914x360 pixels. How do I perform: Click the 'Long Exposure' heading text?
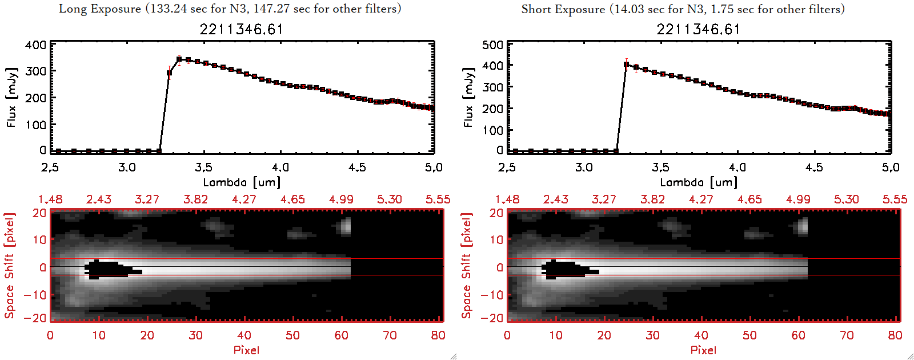click(100, 9)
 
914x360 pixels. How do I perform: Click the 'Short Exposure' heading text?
click(563, 9)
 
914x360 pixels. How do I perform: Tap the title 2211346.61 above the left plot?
click(242, 29)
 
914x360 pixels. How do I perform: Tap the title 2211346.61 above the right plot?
click(699, 29)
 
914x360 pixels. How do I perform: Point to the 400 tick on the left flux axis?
click(35, 45)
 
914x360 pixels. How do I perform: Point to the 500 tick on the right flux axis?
click(492, 45)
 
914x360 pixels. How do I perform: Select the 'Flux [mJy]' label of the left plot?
click(11, 97)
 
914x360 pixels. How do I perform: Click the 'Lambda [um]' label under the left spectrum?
click(242, 182)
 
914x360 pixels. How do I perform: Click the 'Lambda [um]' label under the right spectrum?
click(699, 182)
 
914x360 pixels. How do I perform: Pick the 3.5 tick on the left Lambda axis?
click(203, 167)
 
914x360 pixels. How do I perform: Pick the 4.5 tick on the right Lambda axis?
click(814, 167)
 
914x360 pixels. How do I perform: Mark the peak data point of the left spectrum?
click(179, 59)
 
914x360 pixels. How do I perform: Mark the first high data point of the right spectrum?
click(627, 65)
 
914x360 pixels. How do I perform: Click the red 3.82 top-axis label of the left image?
click(195, 199)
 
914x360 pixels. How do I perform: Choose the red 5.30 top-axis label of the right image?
click(847, 199)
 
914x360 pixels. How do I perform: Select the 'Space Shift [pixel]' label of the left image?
click(9, 266)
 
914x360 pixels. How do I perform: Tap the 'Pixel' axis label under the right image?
click(703, 350)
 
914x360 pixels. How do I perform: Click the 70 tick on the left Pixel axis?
click(390, 335)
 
